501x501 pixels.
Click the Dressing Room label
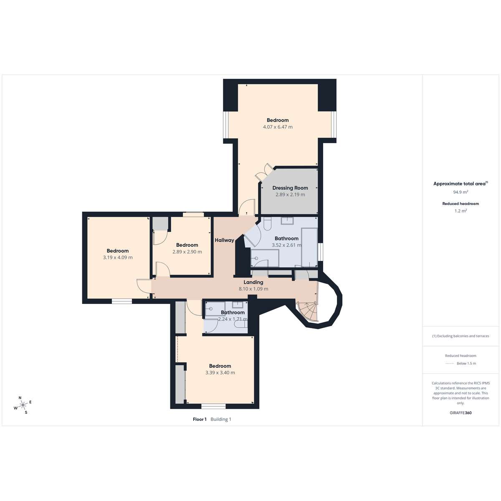(290, 188)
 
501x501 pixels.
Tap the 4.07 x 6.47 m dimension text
(278, 127)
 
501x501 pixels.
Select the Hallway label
(224, 240)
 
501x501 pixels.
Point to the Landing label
(253, 282)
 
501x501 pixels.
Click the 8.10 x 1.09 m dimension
(253, 288)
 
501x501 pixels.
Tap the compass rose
(23, 405)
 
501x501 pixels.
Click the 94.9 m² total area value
(461, 192)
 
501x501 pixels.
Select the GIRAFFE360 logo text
(461, 412)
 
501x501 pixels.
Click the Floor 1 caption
(200, 419)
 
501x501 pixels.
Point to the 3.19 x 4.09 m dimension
(118, 258)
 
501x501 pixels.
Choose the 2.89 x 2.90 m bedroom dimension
(187, 252)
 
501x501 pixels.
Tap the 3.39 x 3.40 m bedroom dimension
(220, 372)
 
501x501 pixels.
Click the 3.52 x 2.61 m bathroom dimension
(286, 245)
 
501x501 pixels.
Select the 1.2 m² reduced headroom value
(461, 211)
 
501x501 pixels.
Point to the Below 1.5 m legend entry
(466, 364)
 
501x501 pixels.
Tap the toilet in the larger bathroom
(267, 224)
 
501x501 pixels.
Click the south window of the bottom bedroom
(213, 406)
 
